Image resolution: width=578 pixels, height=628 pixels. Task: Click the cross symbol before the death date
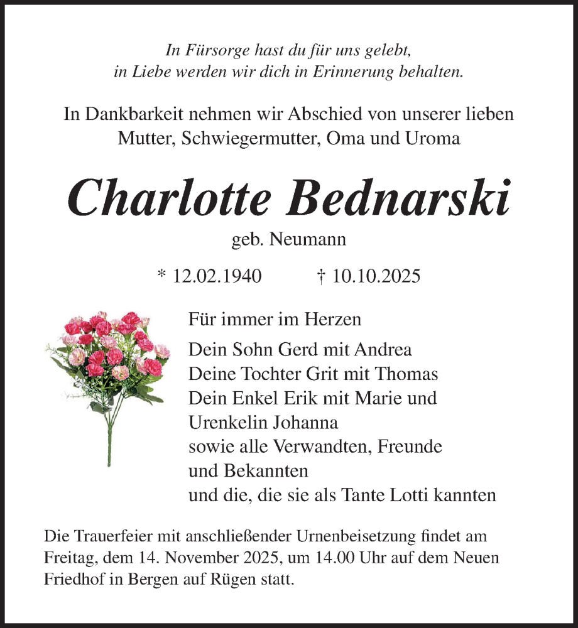pos(321,277)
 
